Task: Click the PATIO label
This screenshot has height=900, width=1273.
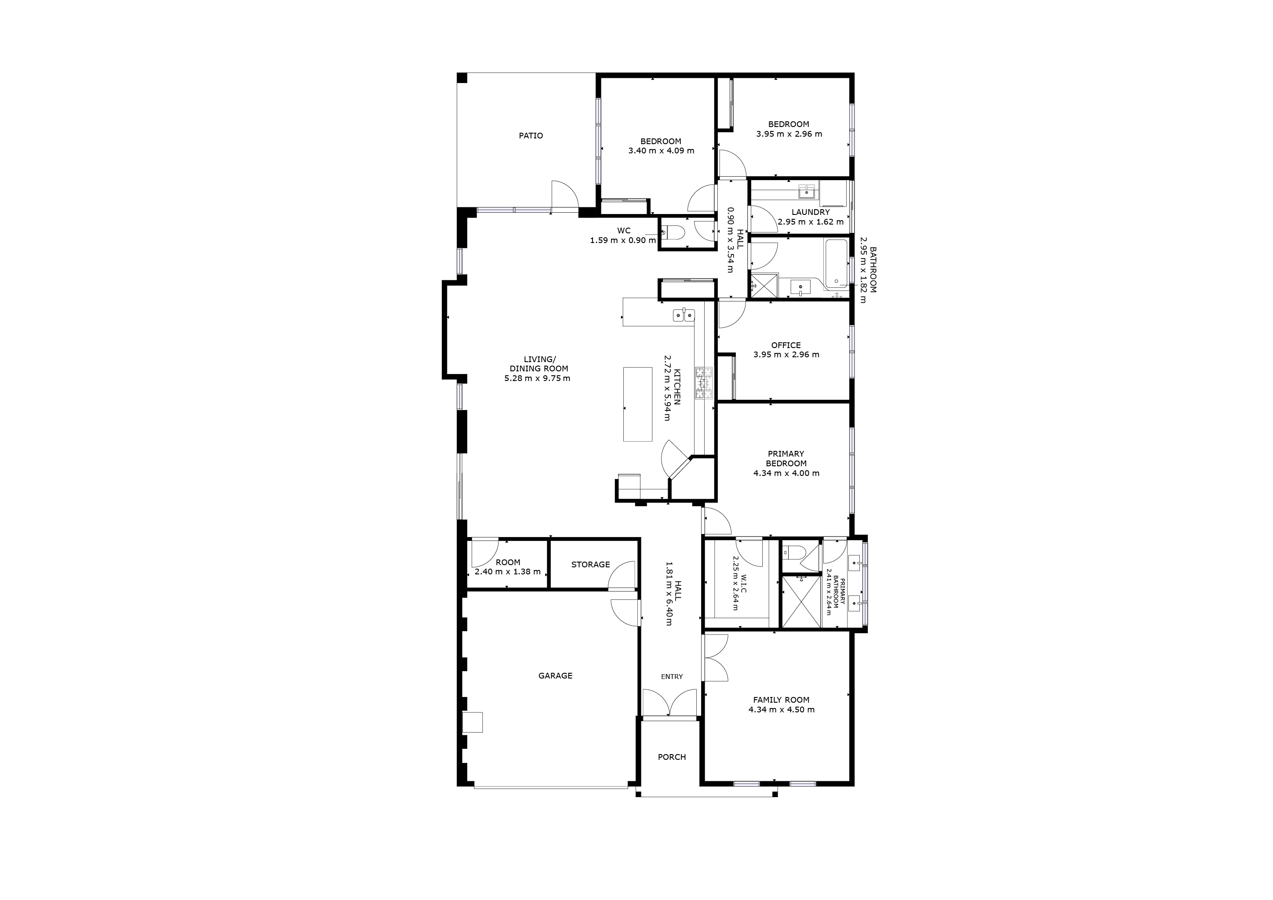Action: tap(531, 136)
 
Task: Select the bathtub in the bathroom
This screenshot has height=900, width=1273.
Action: tap(836, 264)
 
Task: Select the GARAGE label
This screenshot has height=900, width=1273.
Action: tap(555, 675)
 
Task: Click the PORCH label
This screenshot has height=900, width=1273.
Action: tap(671, 757)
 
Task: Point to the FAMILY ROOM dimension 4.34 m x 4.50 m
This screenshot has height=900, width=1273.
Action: tap(781, 710)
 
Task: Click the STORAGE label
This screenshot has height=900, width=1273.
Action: tap(590, 564)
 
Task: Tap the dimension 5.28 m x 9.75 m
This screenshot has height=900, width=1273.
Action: tap(537, 378)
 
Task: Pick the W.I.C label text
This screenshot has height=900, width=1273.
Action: tap(743, 583)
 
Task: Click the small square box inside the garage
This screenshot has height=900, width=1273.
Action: tap(473, 722)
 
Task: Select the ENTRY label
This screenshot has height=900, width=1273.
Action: tap(671, 677)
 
